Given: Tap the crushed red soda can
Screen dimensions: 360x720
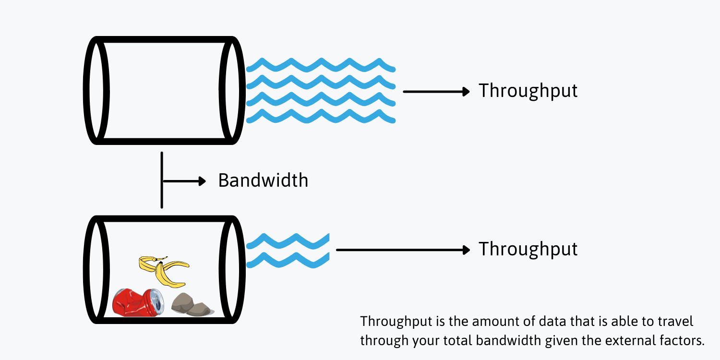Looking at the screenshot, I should coord(134,301).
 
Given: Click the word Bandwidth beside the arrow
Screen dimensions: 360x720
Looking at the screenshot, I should coord(263,180).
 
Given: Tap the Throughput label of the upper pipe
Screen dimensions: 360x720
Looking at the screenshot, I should coord(528,91).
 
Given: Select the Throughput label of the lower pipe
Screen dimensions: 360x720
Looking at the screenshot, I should coord(528,249).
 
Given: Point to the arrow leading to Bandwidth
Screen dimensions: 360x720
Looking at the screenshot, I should coord(184,181).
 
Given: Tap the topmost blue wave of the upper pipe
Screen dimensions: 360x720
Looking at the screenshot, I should coord(321,64).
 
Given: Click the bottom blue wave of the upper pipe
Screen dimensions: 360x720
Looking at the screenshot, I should coord(321,116).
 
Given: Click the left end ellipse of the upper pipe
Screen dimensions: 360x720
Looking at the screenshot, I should coord(96,90).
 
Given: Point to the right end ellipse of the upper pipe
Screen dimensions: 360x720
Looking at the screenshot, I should coord(232,90).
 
